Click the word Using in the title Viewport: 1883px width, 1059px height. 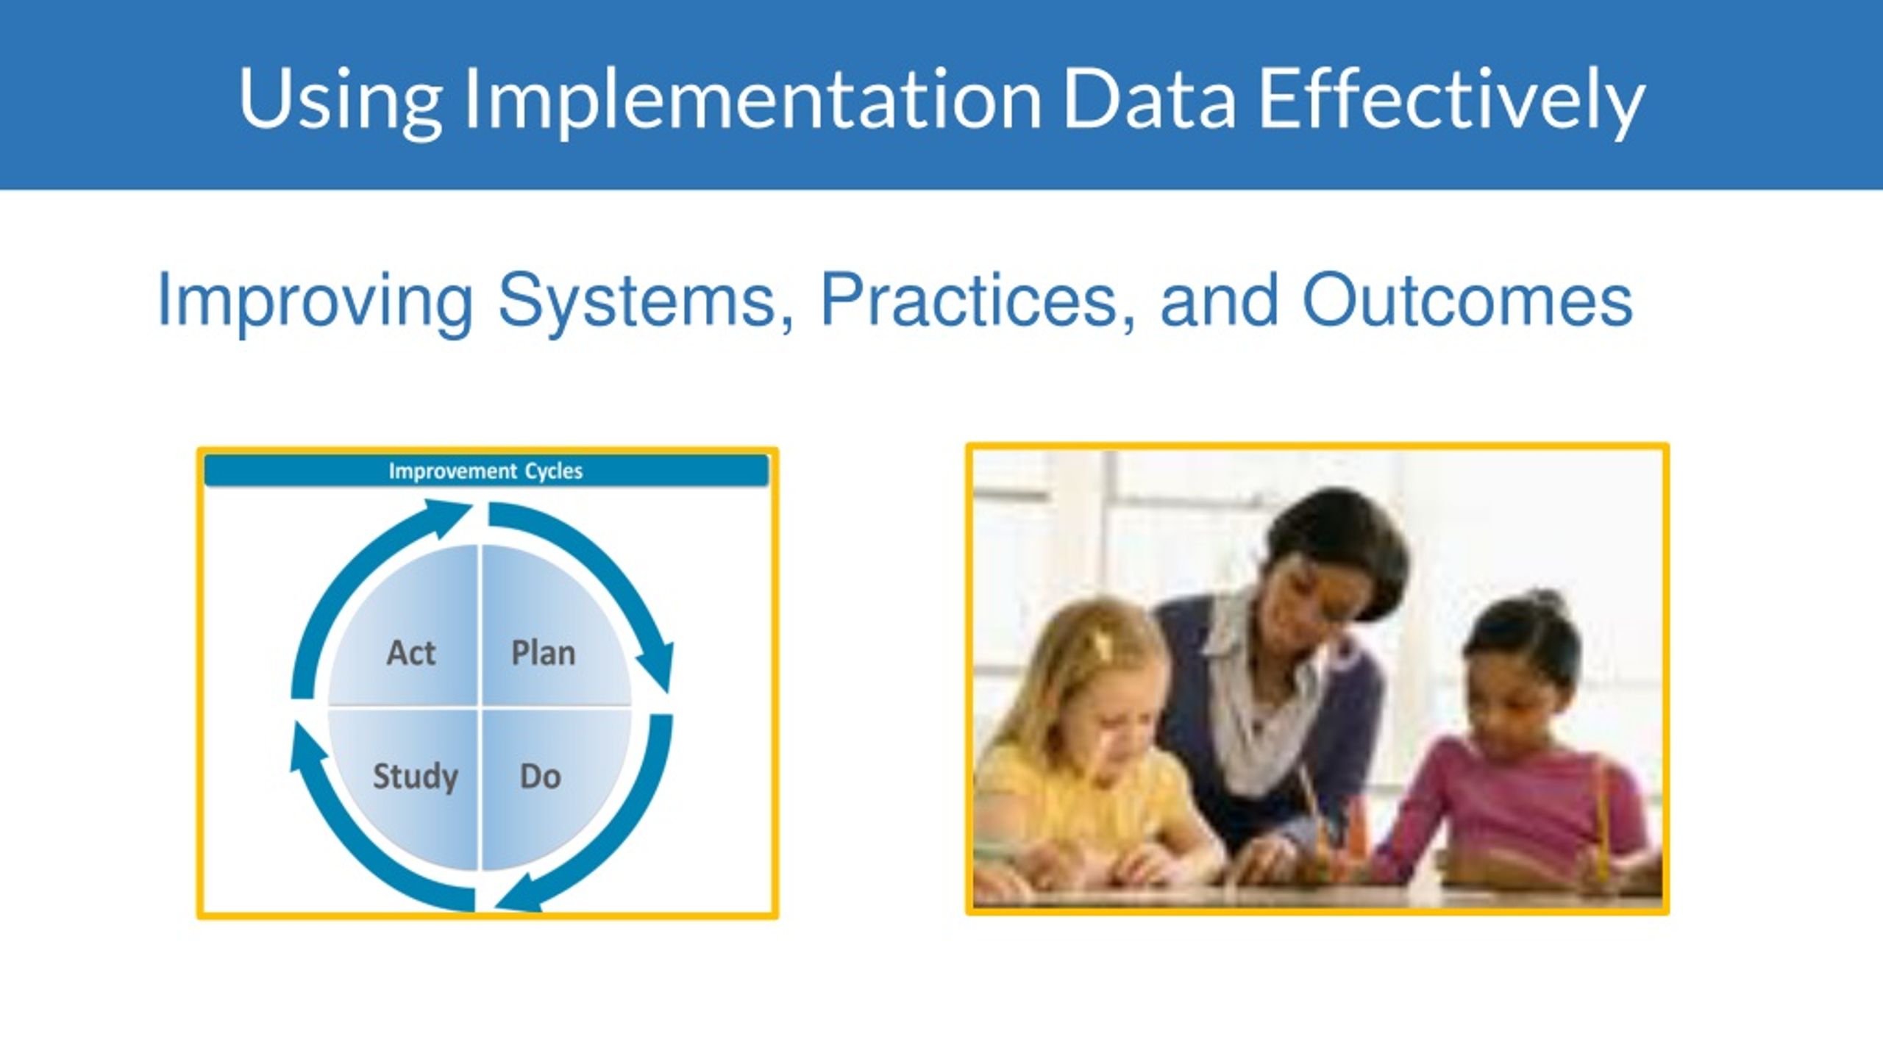click(340, 101)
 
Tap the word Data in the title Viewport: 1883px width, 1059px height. click(1149, 99)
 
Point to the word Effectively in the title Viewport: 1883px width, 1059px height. click(1451, 101)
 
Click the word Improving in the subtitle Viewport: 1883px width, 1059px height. click(315, 302)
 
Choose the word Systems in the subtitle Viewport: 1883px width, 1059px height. click(646, 302)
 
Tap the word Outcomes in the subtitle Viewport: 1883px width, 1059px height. click(1467, 300)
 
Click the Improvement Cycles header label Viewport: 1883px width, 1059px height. click(485, 471)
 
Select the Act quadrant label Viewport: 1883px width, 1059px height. click(411, 653)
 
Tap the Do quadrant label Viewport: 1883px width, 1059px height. click(541, 777)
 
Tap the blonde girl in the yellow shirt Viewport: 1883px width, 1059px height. click(1089, 750)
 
